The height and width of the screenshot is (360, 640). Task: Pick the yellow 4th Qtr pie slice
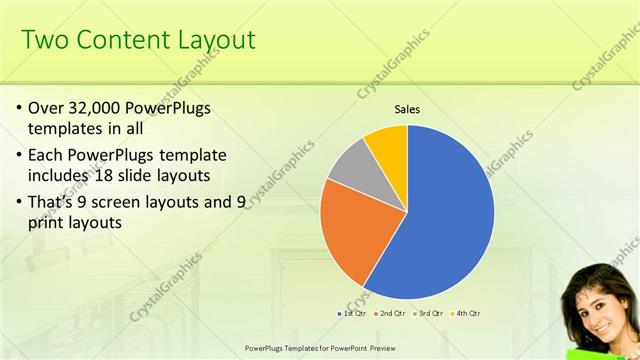tap(388, 145)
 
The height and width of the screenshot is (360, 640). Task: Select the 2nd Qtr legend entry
tap(389, 314)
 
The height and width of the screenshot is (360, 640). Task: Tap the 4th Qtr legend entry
tap(467, 314)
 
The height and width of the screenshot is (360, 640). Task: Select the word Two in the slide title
tap(44, 40)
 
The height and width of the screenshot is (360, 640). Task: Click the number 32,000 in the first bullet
tap(104, 108)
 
